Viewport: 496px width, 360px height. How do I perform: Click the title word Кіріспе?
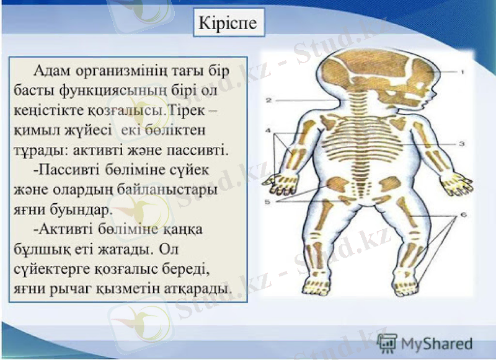point(226,24)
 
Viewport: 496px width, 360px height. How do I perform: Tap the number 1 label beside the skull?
point(463,72)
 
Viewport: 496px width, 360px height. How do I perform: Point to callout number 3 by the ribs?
point(463,143)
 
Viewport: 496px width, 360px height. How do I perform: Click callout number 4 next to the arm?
point(268,131)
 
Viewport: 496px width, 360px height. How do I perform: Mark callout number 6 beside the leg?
point(463,215)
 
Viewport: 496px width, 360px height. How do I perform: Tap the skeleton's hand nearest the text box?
point(278,182)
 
